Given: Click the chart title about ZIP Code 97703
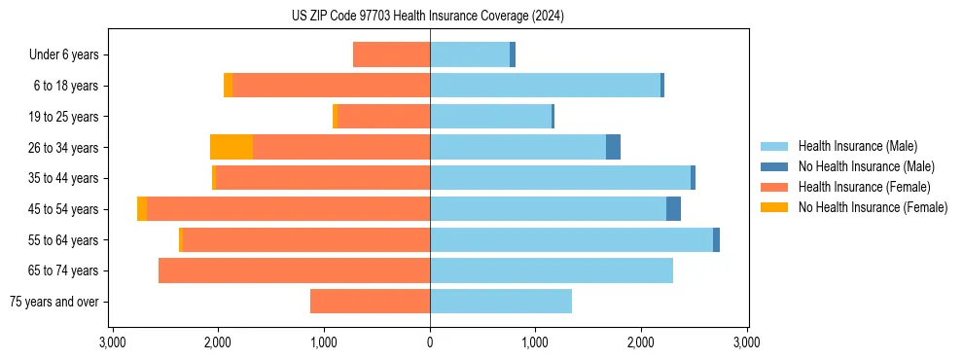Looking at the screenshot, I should pyautogui.click(x=428, y=17).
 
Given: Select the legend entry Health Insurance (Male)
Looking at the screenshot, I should pyautogui.click(x=856, y=146).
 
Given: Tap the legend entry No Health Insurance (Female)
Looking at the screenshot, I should pyautogui.click(x=873, y=207).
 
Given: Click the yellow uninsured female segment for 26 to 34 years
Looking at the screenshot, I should pyautogui.click(x=232, y=147).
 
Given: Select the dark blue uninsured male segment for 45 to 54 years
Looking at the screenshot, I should pyautogui.click(x=673, y=209).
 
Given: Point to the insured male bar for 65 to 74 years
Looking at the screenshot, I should pyautogui.click(x=552, y=270).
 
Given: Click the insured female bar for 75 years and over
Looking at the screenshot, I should pyautogui.click(x=370, y=302).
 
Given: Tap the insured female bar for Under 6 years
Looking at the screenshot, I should pyautogui.click(x=391, y=54).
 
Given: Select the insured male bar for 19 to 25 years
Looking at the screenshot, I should pyautogui.click(x=490, y=117).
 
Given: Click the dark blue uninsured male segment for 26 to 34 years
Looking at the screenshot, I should pyautogui.click(x=613, y=147).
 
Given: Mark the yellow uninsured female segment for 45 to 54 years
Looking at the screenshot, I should pyautogui.click(x=142, y=209).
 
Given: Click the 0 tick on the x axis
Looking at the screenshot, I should pyautogui.click(x=430, y=342).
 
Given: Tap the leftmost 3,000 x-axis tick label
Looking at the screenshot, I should pyautogui.click(x=113, y=342).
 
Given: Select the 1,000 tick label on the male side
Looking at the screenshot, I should pyautogui.click(x=535, y=342).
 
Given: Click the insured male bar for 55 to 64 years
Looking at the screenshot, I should pyautogui.click(x=571, y=240).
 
